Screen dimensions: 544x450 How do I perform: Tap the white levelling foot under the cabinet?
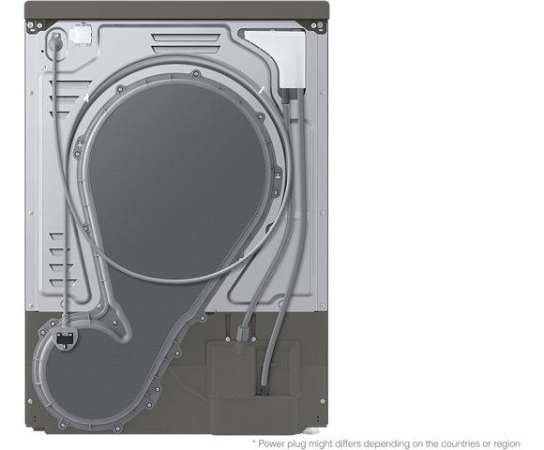pyautogui.click(x=310, y=431)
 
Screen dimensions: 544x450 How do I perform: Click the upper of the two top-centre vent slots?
pyautogui.click(x=186, y=37)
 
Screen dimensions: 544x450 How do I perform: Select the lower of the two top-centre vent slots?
pyautogui.click(x=186, y=50)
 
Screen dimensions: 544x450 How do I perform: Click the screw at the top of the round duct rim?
pyautogui.click(x=196, y=73)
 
